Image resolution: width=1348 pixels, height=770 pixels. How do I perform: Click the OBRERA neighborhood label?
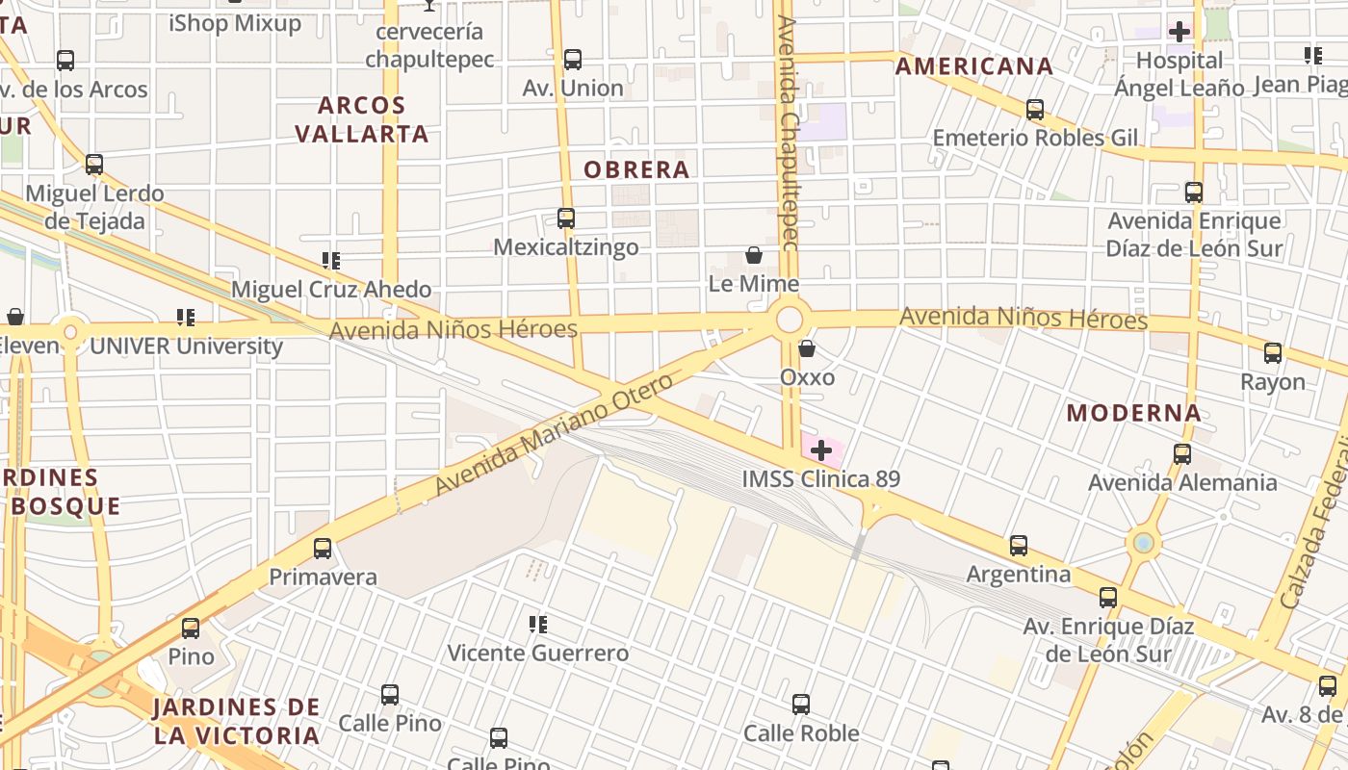click(637, 170)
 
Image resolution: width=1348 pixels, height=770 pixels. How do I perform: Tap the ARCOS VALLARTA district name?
click(362, 119)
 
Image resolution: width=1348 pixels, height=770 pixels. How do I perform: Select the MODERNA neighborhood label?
click(1134, 414)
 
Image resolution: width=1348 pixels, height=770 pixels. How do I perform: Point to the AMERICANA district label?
click(974, 66)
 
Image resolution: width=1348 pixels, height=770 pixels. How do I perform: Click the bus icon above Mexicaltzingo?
click(566, 218)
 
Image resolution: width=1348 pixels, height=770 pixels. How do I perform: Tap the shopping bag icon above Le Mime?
click(754, 255)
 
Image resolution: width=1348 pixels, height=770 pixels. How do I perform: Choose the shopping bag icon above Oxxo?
click(807, 348)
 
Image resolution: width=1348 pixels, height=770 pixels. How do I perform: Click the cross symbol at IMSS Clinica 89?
click(821, 449)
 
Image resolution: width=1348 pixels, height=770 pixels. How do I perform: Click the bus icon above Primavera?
click(323, 549)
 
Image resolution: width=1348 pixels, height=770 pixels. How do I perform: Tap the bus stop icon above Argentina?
click(1019, 546)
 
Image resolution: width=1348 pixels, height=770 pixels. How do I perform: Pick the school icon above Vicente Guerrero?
click(538, 625)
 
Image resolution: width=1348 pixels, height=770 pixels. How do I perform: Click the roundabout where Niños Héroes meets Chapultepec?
click(790, 320)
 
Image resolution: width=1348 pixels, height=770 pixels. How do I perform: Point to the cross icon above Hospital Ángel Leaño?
click(1179, 32)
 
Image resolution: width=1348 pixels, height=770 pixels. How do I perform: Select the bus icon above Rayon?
click(1273, 353)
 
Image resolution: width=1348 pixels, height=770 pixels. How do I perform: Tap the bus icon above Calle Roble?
click(801, 705)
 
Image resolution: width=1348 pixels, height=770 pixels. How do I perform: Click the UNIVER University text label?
click(186, 346)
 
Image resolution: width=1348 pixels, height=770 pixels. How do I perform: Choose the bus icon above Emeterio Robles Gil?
click(1035, 110)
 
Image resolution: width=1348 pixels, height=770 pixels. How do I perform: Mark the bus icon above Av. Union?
click(573, 60)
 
